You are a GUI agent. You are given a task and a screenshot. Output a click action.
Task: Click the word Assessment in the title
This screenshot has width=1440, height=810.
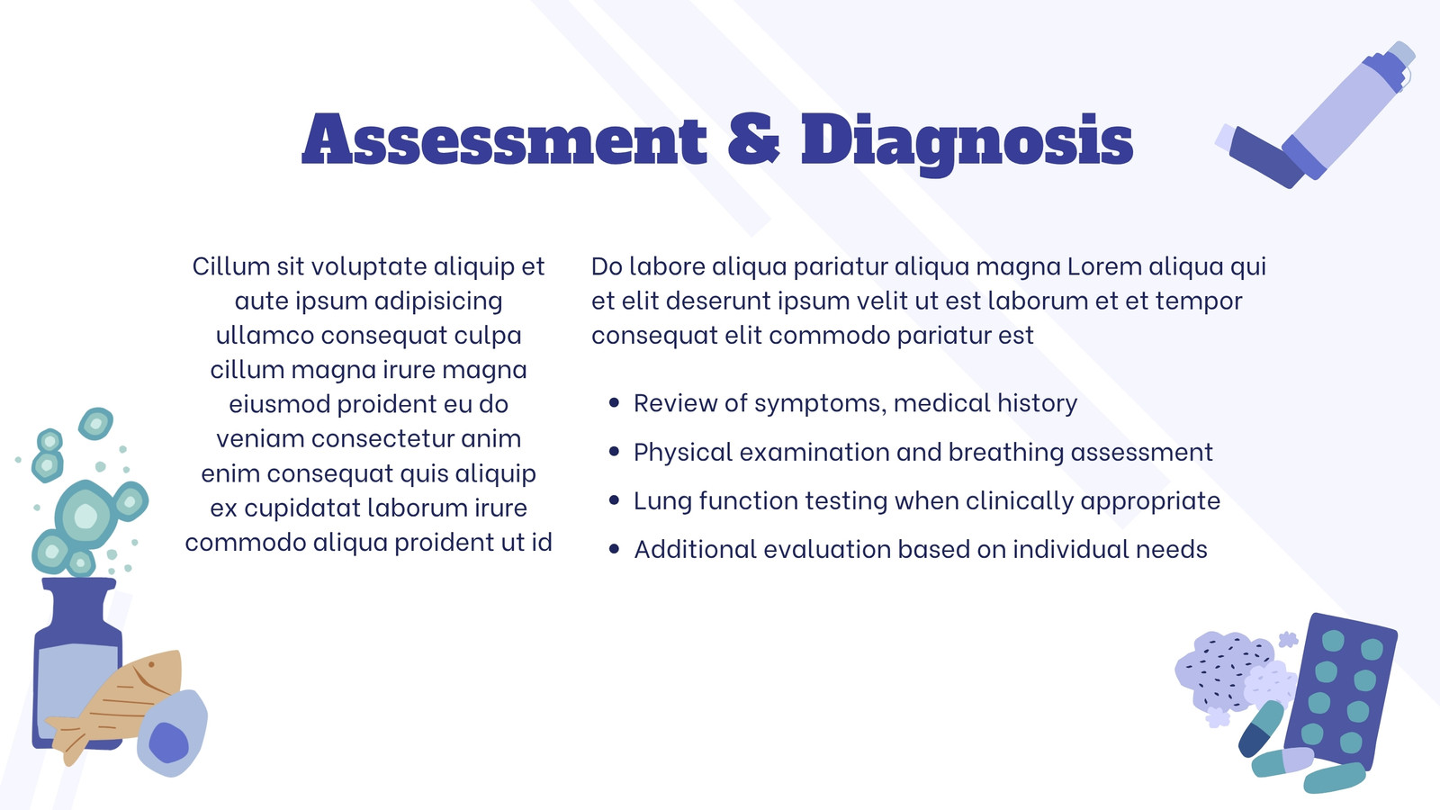tap(505, 139)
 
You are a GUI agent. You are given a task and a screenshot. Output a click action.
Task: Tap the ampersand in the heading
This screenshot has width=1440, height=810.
tap(753, 139)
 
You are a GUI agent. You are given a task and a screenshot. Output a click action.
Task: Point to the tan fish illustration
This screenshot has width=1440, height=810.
tap(116, 704)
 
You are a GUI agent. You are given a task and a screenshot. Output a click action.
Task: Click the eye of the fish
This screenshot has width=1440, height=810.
tap(152, 663)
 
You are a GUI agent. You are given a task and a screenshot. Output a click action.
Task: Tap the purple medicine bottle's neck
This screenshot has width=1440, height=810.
tap(79, 604)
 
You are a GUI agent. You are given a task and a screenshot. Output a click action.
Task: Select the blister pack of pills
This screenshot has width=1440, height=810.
tap(1341, 691)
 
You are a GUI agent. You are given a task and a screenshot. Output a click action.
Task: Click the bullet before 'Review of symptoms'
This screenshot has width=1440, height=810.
tap(614, 403)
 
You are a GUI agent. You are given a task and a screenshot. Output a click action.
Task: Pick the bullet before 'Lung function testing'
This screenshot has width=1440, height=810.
tap(614, 500)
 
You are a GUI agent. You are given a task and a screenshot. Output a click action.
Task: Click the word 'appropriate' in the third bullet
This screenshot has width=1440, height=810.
tap(1150, 501)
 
